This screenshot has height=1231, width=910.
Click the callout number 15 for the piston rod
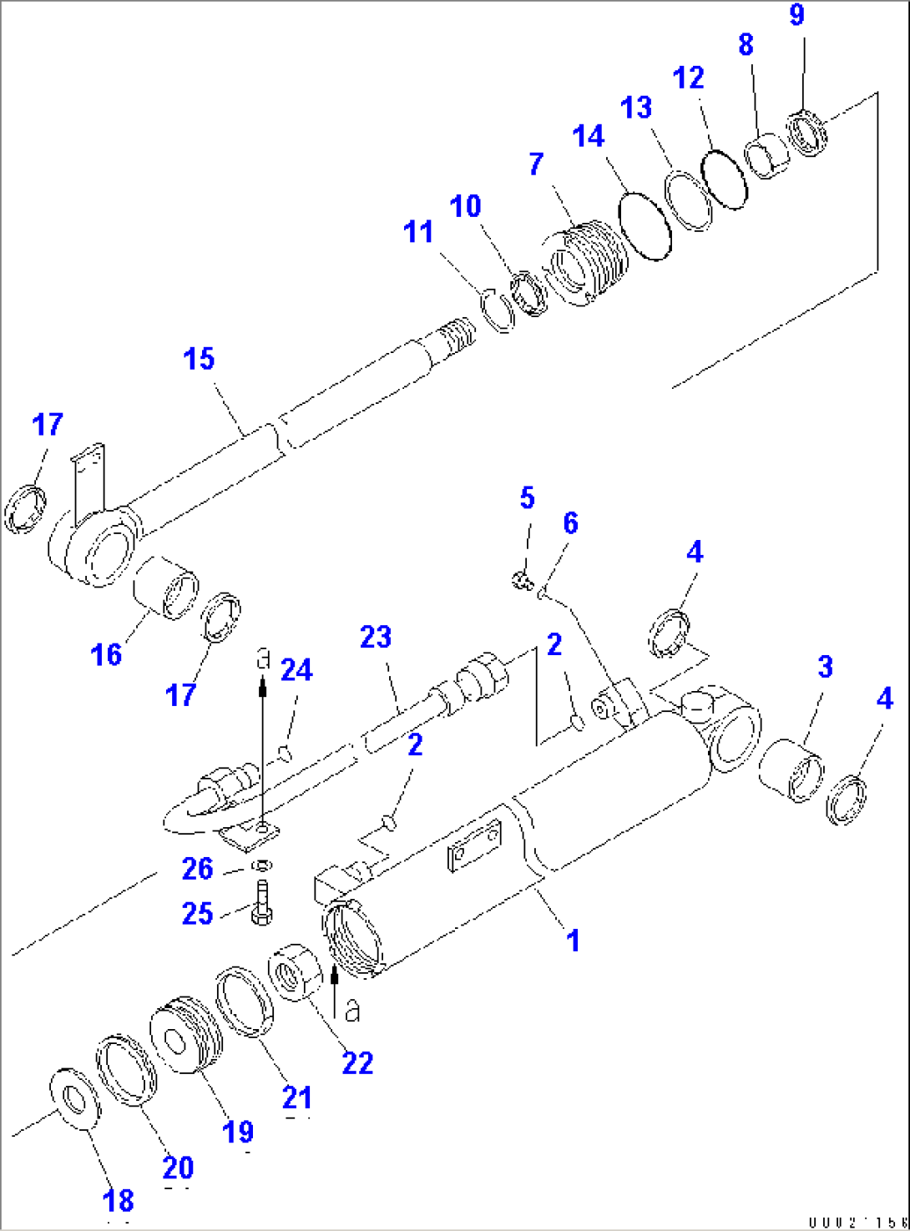click(199, 360)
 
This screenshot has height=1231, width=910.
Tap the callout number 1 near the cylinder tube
click(573, 941)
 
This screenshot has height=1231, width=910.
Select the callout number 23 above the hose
click(376, 638)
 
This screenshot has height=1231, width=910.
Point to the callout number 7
click(536, 164)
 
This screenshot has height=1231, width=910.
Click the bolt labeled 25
click(260, 906)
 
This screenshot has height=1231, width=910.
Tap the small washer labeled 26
click(261, 863)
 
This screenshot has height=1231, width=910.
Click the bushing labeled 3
click(791, 768)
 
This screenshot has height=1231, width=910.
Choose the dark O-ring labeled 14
click(645, 225)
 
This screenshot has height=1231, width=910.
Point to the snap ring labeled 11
click(498, 310)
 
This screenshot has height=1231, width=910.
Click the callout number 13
click(636, 108)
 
